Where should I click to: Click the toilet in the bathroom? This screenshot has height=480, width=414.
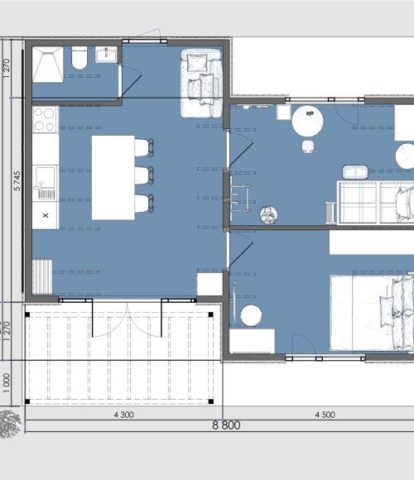tap(79, 58)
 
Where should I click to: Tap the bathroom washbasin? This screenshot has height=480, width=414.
tap(106, 55)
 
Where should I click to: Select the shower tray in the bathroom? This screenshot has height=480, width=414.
tap(48, 65)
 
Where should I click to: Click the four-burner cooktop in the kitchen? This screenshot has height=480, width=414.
tap(46, 119)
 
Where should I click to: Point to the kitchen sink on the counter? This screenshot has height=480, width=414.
tap(46, 183)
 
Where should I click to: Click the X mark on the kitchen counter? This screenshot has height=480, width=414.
tap(46, 215)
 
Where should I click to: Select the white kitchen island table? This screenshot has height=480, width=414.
tap(113, 178)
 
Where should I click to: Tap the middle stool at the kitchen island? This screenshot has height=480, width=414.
tap(144, 175)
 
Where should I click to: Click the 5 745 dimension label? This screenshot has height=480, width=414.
tap(17, 181)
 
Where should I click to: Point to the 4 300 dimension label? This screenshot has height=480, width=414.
tap(123, 415)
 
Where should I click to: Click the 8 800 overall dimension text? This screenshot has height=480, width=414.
tap(226, 425)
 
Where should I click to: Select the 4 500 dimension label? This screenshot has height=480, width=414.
tap(325, 415)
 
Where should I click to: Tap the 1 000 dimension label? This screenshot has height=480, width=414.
tap(7, 383)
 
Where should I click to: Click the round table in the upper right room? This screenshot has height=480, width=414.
tap(307, 121)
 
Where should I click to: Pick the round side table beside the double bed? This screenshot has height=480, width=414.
tap(251, 315)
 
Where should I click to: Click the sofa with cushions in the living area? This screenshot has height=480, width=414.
tap(201, 84)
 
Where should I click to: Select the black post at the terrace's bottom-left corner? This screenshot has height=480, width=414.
tap(27, 401)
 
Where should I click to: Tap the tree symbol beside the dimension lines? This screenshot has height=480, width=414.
tap(10, 424)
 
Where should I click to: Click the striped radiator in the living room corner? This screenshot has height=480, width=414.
tap(42, 276)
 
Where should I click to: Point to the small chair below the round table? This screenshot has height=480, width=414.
tap(308, 146)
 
